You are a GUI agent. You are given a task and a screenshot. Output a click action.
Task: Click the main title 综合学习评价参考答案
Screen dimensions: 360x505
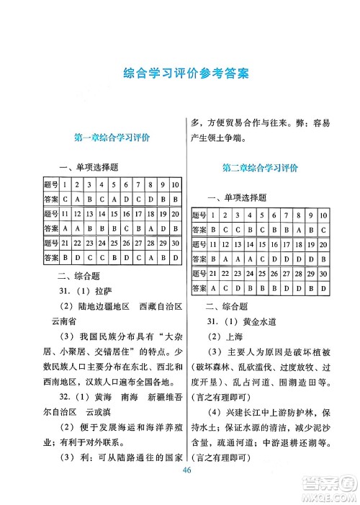point(181,73)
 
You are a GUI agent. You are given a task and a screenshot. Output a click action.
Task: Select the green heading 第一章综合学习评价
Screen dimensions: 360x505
point(111,137)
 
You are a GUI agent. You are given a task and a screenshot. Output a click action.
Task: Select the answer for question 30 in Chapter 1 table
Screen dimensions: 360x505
point(174,257)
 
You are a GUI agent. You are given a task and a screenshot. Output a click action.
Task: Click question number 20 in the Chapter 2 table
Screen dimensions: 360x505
point(323,244)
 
